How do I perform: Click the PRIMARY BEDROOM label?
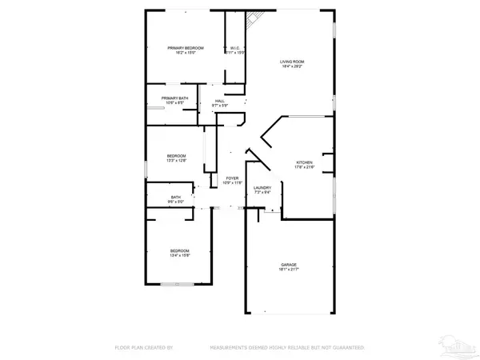coord(185,49)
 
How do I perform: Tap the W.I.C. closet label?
coord(235,49)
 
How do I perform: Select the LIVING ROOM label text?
coord(291,62)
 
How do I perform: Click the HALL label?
coord(219,101)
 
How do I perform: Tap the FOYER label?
coord(232,178)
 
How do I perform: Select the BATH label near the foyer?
coord(176,198)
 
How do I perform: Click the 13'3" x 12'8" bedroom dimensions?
coord(176,160)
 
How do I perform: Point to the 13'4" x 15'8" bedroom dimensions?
coord(179,256)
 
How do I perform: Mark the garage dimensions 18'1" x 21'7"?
coord(289,269)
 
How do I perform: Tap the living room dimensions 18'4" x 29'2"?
coord(291,67)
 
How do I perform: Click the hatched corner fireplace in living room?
coord(254,20)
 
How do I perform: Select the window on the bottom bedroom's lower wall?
coord(178,283)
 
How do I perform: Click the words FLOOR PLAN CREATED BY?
coord(141,348)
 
